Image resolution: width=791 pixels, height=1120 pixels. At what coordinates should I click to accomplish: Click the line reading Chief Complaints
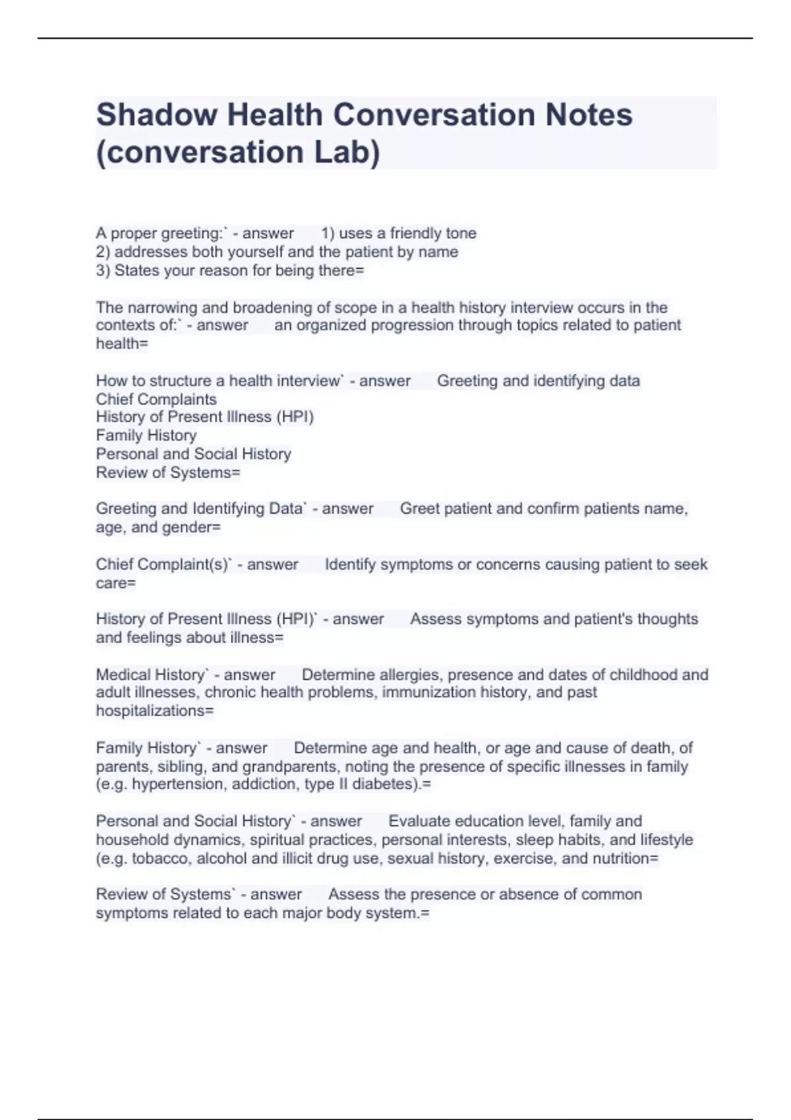156,399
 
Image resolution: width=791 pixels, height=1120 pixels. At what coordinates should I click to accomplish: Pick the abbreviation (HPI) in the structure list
295,417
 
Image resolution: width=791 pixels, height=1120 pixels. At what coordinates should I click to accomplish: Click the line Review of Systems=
168,472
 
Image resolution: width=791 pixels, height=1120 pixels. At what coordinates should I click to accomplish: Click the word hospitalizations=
155,711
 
